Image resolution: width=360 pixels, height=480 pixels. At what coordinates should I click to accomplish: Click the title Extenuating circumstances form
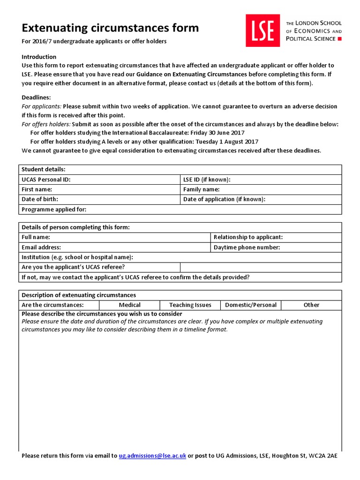pyautogui.click(x=110, y=28)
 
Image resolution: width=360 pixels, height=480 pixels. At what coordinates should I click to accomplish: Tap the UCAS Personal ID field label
pyautogui.click(x=46, y=180)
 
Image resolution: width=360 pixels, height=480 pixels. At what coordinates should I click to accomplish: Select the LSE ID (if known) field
pyautogui.click(x=261, y=180)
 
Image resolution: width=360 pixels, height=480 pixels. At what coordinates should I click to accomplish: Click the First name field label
pyautogui.click(x=37, y=189)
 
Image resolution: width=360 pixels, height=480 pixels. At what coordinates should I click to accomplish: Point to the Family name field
pyautogui.click(x=261, y=189)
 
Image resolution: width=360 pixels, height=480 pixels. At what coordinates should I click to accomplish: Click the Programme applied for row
pyautogui.click(x=180, y=210)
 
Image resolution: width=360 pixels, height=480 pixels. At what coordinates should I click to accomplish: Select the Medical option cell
pyautogui.click(x=130, y=305)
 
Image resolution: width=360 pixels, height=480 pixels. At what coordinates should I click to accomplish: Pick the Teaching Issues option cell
pyautogui.click(x=190, y=305)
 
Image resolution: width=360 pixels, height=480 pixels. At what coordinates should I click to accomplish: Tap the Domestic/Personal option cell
pyautogui.click(x=251, y=305)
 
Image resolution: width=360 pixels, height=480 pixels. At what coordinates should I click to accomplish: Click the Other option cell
pyautogui.click(x=311, y=305)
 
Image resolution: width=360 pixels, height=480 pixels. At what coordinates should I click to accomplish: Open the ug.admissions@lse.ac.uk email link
pyautogui.click(x=152, y=456)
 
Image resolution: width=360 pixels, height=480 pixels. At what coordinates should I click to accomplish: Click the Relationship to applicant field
pyautogui.click(x=276, y=237)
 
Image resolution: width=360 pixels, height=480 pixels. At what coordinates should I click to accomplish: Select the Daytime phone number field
pyautogui.click(x=276, y=247)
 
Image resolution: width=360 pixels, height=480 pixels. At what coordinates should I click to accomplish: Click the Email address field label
pyautogui.click(x=41, y=247)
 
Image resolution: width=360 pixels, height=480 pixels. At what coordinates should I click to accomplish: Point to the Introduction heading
pyautogui.click(x=39, y=57)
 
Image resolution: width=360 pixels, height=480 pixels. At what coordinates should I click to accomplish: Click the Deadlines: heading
pyautogui.click(x=36, y=97)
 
